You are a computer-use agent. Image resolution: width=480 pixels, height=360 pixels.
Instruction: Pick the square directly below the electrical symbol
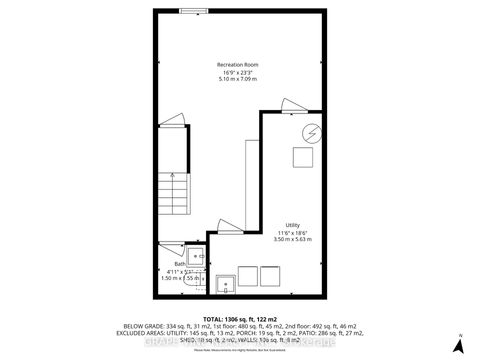pyautogui.click(x=300, y=157)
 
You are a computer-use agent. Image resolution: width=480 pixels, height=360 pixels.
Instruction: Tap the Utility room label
pyautogui.click(x=293, y=225)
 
